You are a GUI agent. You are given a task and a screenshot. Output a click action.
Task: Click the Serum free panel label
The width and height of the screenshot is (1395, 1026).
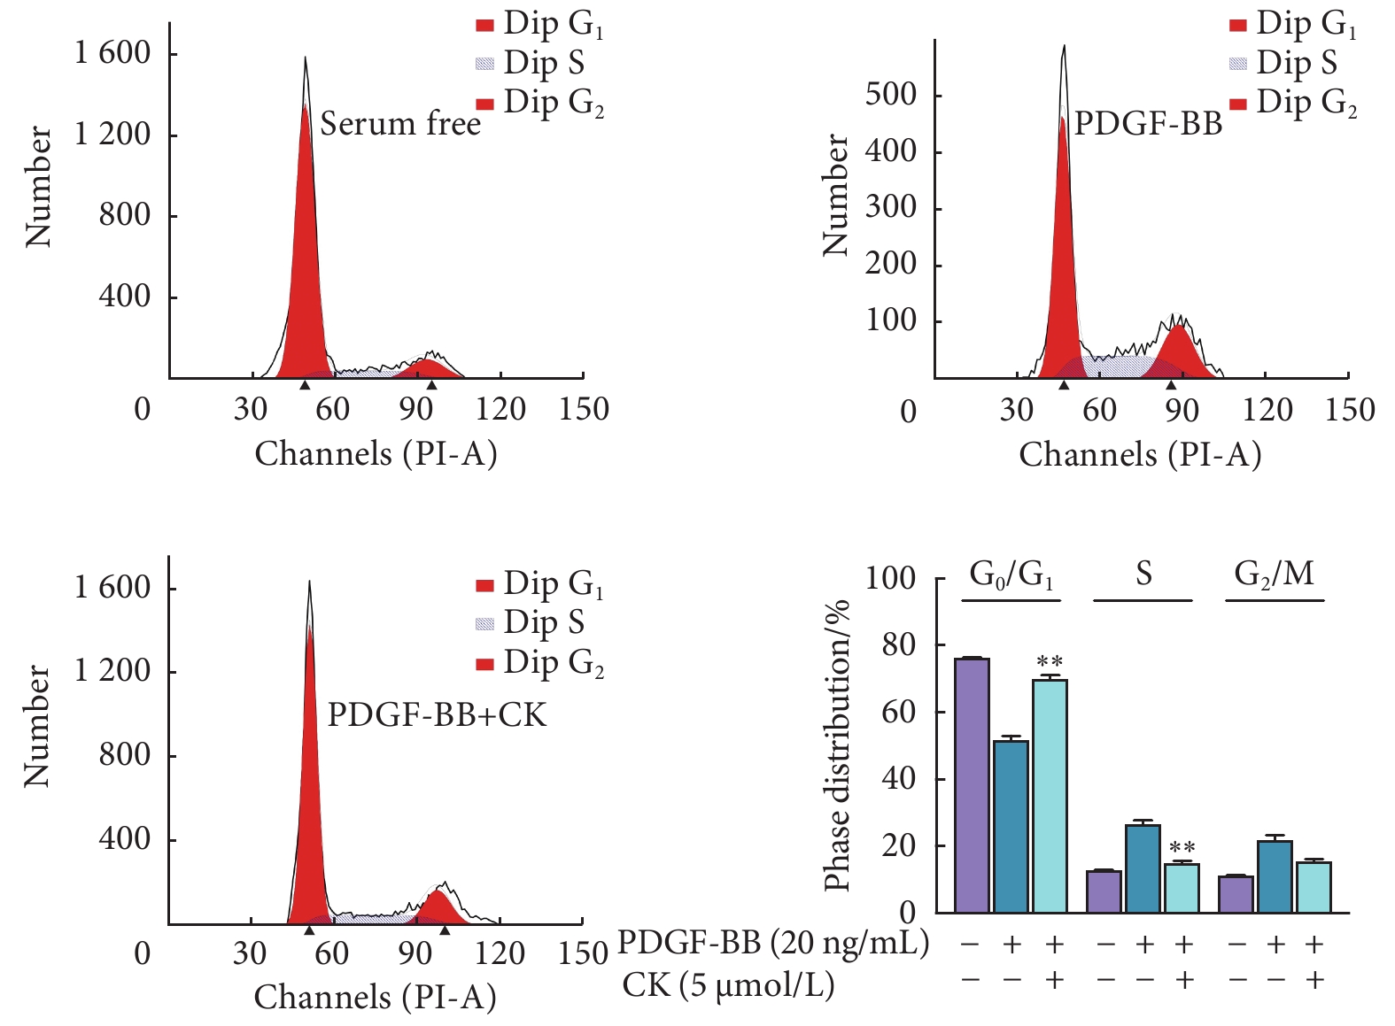click(400, 124)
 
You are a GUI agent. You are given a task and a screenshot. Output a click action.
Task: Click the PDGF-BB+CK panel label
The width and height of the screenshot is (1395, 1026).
click(438, 714)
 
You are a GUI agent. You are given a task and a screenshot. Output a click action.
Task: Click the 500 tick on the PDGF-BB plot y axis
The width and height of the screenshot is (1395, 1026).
click(890, 94)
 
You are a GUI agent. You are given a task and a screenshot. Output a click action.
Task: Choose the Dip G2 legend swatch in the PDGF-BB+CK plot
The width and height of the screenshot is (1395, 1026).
click(484, 664)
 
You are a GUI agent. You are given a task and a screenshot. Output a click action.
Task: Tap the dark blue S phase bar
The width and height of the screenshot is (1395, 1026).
click(1143, 868)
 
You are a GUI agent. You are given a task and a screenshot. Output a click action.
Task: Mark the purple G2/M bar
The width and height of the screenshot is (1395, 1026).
click(1236, 894)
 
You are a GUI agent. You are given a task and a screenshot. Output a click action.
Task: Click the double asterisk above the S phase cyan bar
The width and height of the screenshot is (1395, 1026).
click(1182, 848)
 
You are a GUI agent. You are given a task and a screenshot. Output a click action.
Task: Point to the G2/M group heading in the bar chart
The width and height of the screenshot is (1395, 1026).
click(1274, 575)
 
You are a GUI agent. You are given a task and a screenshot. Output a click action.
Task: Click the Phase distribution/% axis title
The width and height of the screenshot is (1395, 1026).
click(837, 744)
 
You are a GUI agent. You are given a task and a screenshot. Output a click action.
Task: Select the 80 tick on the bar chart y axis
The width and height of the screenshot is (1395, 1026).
click(899, 645)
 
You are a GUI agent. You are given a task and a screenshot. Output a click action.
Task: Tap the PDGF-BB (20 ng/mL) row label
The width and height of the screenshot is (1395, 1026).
click(772, 944)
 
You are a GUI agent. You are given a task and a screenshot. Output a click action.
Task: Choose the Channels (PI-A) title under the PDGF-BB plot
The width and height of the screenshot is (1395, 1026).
click(1140, 454)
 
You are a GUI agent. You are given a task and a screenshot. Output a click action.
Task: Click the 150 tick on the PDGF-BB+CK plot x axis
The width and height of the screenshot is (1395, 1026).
click(583, 953)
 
